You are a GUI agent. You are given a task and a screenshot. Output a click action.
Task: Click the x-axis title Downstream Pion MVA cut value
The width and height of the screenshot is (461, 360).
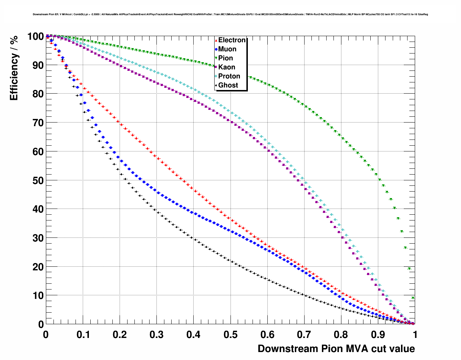(x=336, y=349)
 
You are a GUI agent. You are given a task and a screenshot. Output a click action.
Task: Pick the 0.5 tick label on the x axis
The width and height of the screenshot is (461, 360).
(x=231, y=335)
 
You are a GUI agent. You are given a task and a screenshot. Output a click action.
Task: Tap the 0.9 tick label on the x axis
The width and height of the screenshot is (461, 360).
(x=378, y=335)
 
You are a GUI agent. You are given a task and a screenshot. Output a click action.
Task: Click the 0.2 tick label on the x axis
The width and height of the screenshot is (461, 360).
(x=120, y=335)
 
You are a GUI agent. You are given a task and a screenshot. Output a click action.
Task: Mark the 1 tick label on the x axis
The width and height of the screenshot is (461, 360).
(x=415, y=335)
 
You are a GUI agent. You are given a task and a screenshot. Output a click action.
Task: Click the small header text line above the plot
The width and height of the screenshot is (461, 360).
(x=230, y=14)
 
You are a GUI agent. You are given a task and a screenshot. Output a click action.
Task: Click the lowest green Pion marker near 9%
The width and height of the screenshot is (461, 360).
(x=413, y=298)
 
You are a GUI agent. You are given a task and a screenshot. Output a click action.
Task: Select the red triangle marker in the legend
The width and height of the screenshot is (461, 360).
(x=216, y=40)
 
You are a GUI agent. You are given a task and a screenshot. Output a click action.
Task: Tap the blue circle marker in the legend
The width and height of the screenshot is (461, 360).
(x=216, y=50)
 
